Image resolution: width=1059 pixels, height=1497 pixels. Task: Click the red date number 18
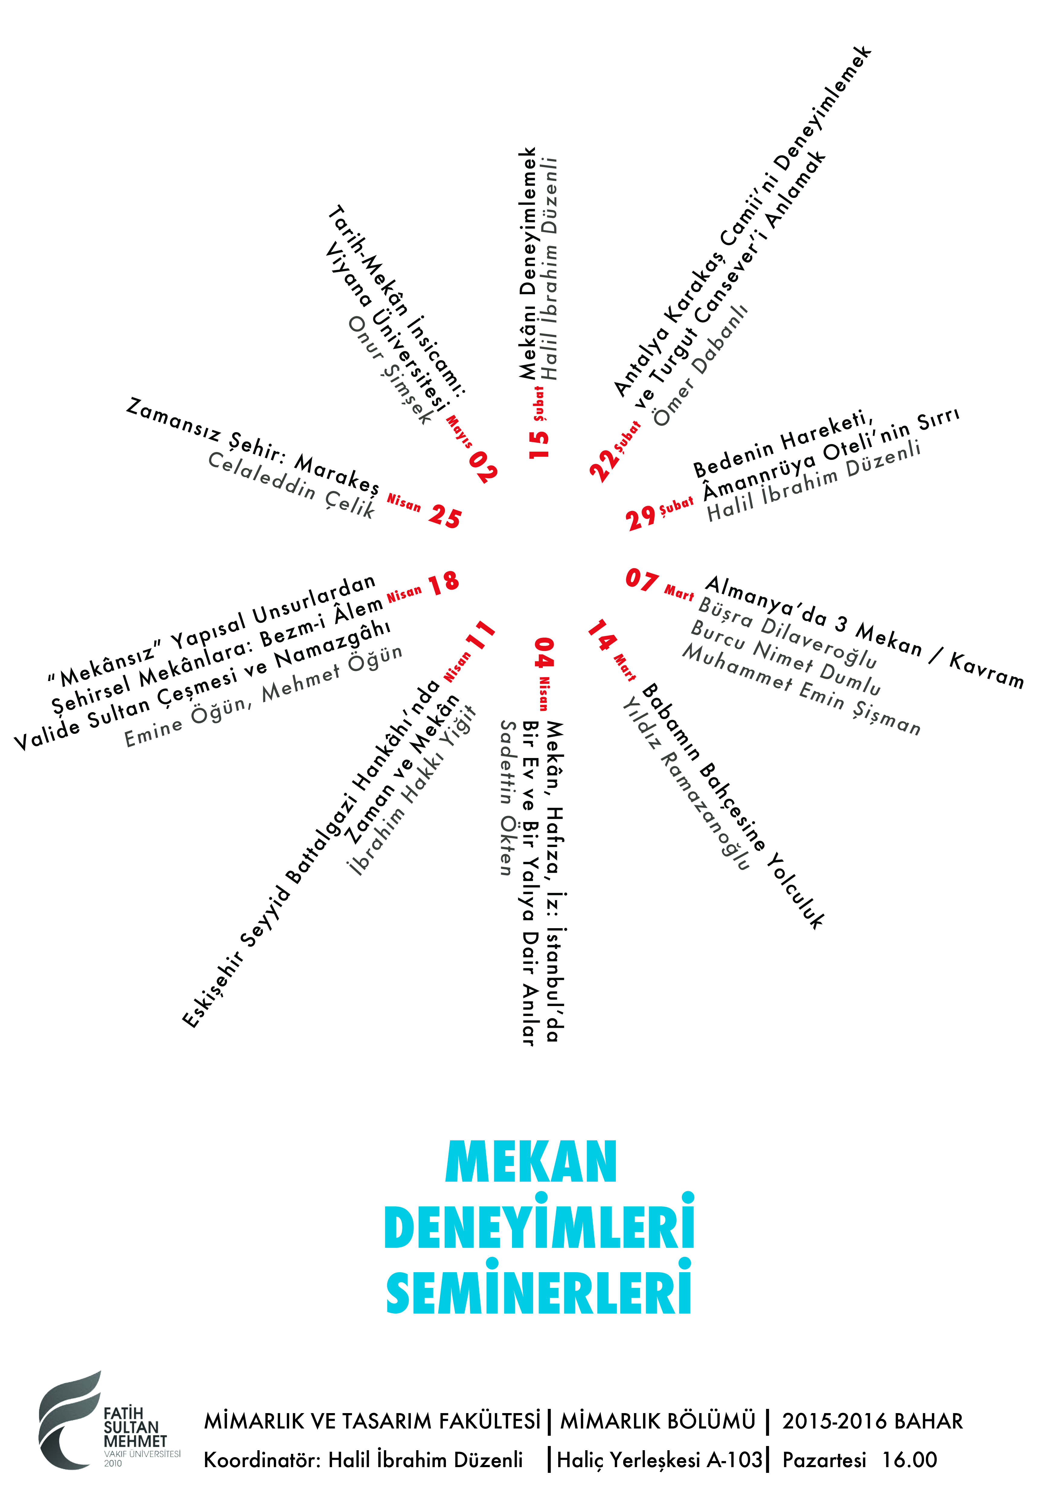click(443, 581)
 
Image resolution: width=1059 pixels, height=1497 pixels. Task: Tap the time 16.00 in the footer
click(910, 1460)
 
